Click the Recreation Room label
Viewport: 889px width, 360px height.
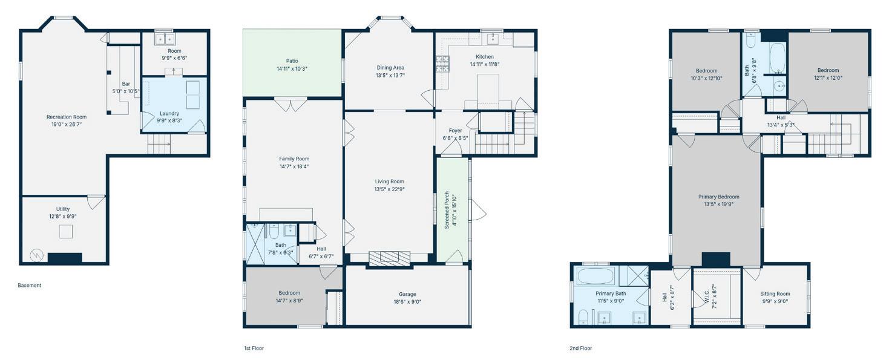(67, 117)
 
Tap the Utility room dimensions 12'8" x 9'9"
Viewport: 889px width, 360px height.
(63, 217)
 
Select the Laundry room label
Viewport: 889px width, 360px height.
(169, 114)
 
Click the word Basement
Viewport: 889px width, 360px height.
(30, 286)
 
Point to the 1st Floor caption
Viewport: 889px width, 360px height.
(254, 348)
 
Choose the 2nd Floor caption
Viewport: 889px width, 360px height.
(580, 348)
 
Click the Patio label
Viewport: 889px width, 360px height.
(292, 61)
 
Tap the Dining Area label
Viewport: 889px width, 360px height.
(390, 68)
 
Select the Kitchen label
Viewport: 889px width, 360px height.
(485, 57)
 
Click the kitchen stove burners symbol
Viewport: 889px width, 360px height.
(442, 64)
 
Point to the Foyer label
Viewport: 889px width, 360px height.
(455, 131)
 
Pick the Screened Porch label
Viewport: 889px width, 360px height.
(447, 210)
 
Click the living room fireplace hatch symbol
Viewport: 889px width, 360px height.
(389, 258)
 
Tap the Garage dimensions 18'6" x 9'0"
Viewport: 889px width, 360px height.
(408, 302)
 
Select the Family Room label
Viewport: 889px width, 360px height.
(294, 159)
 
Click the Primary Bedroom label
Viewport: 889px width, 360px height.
(719, 197)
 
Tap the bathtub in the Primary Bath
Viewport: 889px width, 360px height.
(595, 276)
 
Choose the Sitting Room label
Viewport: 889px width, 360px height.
(775, 293)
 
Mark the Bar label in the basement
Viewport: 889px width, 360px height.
(126, 83)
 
